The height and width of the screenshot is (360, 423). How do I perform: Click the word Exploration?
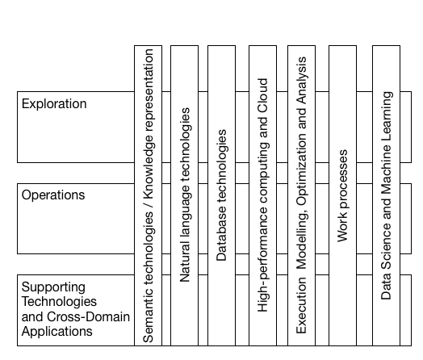coord(54,104)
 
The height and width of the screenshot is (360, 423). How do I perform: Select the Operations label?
coord(53,195)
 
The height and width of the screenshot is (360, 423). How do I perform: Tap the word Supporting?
coord(53,287)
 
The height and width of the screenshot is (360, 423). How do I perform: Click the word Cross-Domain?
coord(88,317)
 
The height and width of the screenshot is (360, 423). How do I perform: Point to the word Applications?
coord(57,332)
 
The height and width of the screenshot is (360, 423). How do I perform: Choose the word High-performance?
coord(262,260)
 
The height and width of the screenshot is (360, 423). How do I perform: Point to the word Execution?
coord(301,306)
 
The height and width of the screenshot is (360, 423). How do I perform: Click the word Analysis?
coord(302,81)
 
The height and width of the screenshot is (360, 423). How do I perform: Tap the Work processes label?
coord(342,196)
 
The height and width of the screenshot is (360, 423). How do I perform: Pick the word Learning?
coord(387,117)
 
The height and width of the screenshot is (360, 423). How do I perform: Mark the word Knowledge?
coord(149,167)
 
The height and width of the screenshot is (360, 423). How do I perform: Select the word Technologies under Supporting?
coord(59,302)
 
